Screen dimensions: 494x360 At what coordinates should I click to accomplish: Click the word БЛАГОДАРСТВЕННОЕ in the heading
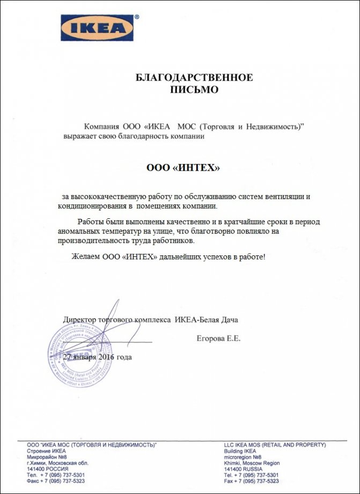194,78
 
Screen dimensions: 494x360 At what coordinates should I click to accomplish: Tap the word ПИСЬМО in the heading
194,90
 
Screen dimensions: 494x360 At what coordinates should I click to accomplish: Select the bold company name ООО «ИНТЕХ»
183,168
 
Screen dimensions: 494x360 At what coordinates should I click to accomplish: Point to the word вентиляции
284,197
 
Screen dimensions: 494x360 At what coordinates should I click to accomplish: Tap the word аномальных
78,231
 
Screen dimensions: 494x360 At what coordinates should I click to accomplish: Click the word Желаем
85,257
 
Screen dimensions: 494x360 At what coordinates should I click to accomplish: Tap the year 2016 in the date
108,357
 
